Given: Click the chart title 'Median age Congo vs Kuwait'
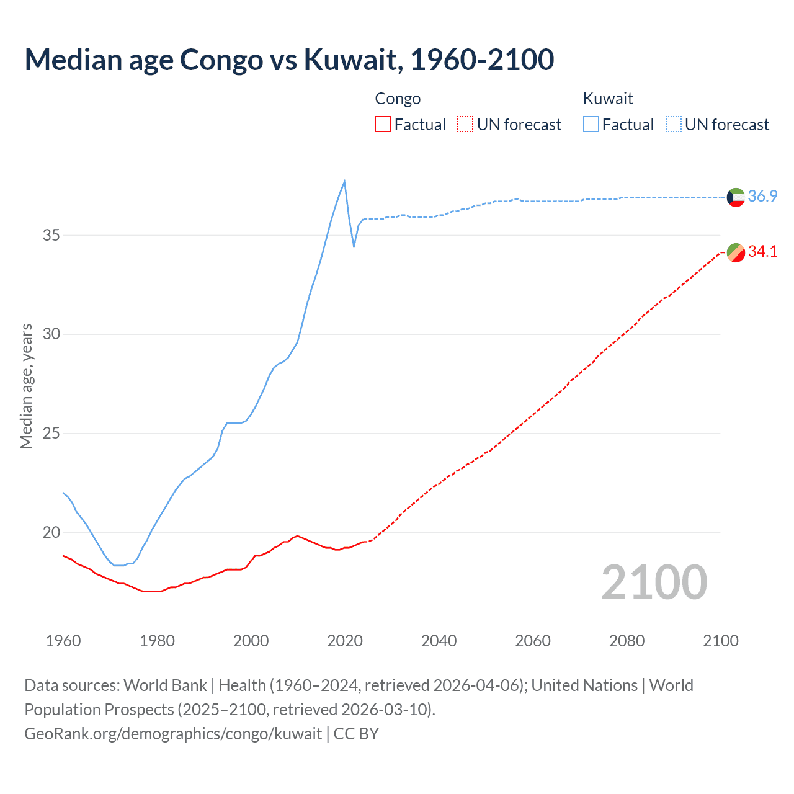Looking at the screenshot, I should click(288, 60).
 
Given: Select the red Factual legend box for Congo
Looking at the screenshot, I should click(383, 125).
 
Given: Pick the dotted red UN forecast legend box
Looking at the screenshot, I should click(465, 125).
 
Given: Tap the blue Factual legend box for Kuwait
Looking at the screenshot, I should click(591, 125).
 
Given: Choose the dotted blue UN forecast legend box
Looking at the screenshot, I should click(674, 125).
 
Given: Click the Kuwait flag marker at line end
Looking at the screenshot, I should click(736, 197).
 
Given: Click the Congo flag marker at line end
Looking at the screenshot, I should click(736, 252).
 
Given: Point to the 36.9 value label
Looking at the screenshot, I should click(762, 197).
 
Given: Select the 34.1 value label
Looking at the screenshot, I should click(762, 252).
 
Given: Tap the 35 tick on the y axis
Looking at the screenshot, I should click(51, 236).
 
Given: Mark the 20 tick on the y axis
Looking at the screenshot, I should click(51, 532).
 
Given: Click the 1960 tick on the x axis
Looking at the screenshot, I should click(63, 641).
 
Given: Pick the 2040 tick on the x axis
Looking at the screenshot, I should click(439, 641).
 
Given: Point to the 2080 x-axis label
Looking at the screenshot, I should click(627, 641).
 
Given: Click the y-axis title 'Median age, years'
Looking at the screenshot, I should click(26, 386).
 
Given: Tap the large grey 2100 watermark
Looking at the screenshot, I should click(654, 582).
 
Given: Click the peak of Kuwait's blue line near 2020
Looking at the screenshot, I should click(344, 181).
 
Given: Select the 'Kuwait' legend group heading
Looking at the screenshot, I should click(608, 99).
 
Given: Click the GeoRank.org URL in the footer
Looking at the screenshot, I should click(173, 734).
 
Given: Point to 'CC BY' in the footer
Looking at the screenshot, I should click(356, 734).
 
